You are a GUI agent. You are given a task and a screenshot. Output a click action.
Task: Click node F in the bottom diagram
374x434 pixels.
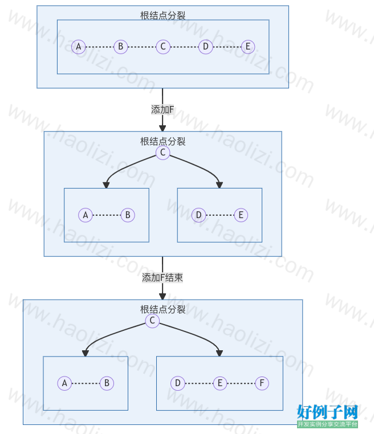[262, 383]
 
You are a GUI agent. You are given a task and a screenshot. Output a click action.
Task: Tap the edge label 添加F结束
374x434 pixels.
[162, 277]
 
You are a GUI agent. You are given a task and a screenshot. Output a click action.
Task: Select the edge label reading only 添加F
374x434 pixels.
[162, 109]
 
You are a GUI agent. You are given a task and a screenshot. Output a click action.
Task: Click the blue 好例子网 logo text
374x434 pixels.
[327, 412]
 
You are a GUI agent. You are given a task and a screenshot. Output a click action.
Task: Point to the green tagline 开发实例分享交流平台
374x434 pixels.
[327, 424]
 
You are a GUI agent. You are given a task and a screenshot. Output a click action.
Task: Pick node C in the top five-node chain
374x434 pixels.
[163, 47]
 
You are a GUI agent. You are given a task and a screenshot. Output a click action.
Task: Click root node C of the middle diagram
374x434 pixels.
[163, 153]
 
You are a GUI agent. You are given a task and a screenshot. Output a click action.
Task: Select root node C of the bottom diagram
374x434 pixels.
[152, 321]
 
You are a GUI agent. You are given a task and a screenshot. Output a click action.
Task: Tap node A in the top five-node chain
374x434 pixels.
[79, 47]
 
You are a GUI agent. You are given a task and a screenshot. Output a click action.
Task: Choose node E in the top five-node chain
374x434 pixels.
[248, 47]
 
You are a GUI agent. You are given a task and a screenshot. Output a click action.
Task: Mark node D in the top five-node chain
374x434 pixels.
[206, 47]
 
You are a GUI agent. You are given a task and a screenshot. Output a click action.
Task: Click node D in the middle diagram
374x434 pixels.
[198, 215]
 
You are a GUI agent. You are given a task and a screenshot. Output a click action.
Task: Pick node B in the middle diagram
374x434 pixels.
[128, 215]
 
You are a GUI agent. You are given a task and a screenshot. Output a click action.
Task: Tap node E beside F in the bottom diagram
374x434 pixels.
[220, 383]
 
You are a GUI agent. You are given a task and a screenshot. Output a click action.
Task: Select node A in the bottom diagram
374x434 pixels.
[64, 383]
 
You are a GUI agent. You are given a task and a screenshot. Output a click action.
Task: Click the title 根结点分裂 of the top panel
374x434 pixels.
[163, 15]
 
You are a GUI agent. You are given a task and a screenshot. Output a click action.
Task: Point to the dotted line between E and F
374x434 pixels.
[241, 383]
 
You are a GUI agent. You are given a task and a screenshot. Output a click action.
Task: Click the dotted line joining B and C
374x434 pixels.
[142, 47]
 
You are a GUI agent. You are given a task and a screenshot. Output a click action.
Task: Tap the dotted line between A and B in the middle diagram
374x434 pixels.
[107, 215]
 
